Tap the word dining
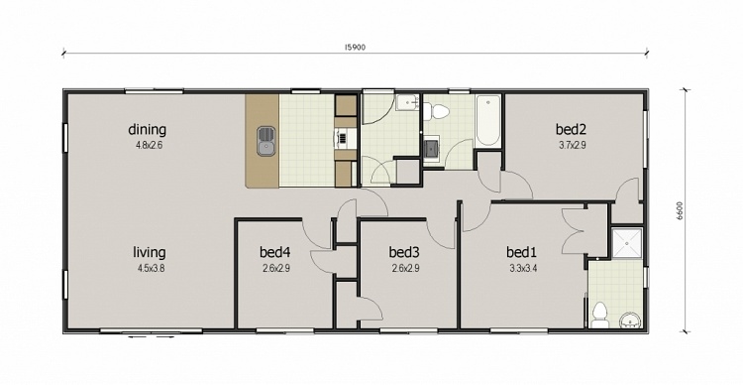pos(147,129)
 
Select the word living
pos(149,252)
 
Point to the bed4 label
pos(275,252)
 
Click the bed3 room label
pos(405,252)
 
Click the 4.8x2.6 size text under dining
pos(149,146)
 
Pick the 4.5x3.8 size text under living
pos(149,269)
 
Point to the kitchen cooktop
pos(343,140)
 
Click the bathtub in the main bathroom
pos(487,122)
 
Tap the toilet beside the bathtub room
pos(436,110)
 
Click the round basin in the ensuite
pos(630,319)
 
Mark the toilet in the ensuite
pos(599,315)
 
